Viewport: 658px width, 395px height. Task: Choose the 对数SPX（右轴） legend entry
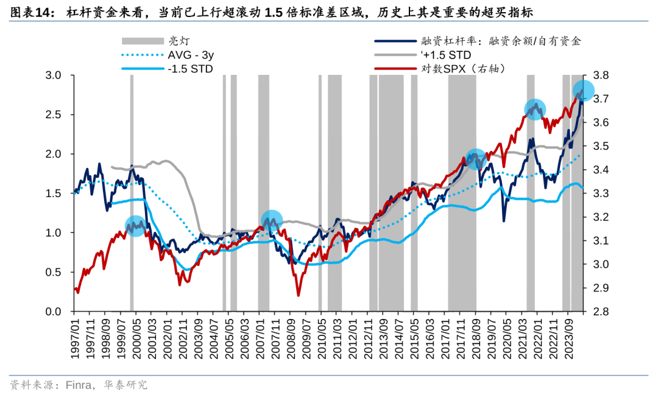pos(463,69)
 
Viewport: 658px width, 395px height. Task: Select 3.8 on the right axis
pos(600,75)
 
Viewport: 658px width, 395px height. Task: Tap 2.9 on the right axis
pos(600,288)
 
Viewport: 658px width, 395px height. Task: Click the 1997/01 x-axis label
pos(76,334)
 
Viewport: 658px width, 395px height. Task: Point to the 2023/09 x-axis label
pos(570,334)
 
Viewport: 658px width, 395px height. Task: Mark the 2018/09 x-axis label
pos(476,334)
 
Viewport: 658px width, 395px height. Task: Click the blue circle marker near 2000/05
pos(135,226)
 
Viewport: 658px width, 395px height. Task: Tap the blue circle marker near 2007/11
pos(272,220)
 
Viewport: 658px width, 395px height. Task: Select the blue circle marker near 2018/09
pos(476,159)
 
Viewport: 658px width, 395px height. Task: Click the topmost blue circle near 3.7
pos(584,91)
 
